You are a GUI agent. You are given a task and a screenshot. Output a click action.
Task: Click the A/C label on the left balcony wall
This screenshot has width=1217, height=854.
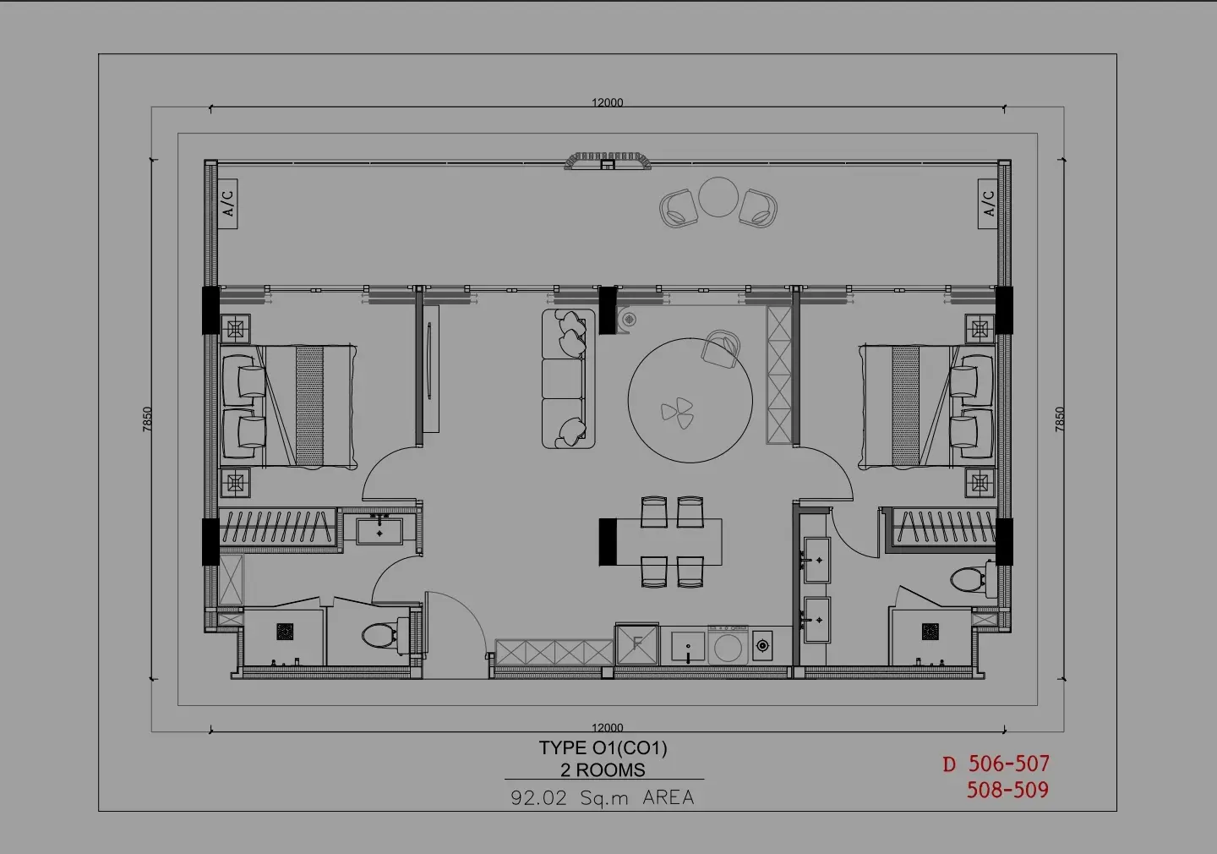pos(228,203)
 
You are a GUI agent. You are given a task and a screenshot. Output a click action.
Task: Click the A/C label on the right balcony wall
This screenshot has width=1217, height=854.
pos(988,203)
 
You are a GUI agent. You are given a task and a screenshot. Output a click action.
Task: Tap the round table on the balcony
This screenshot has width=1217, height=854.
pos(718,197)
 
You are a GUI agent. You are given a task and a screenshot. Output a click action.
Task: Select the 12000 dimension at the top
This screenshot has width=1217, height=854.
pos(608,103)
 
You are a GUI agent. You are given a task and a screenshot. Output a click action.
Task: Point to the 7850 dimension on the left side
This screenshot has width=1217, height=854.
pos(147,419)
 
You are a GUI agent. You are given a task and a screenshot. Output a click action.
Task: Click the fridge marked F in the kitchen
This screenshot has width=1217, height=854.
pos(637,644)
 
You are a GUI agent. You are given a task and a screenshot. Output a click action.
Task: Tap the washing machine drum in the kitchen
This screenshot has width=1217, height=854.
pos(728,648)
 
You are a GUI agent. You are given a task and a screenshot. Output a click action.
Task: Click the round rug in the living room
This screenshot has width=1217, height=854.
pos(690,401)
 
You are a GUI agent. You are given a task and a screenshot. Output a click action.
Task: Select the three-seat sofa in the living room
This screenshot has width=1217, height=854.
pos(568,379)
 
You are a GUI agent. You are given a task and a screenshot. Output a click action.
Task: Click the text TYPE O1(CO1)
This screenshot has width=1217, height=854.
pos(603,748)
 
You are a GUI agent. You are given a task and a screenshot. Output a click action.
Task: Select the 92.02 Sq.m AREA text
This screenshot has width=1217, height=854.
pos(603,797)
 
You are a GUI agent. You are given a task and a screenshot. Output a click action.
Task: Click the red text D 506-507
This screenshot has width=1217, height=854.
pos(996,764)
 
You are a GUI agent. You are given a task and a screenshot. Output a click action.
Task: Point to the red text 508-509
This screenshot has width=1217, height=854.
pos(1007,790)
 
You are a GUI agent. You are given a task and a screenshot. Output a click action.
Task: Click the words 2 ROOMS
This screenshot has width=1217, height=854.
pos(603,769)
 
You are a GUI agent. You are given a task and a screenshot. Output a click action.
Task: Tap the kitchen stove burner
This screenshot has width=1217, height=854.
pos(763,645)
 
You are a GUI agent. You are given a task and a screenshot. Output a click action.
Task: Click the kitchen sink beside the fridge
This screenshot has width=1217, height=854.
pos(688,646)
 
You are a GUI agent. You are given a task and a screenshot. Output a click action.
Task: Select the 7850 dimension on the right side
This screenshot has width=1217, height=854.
pos(1060,419)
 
